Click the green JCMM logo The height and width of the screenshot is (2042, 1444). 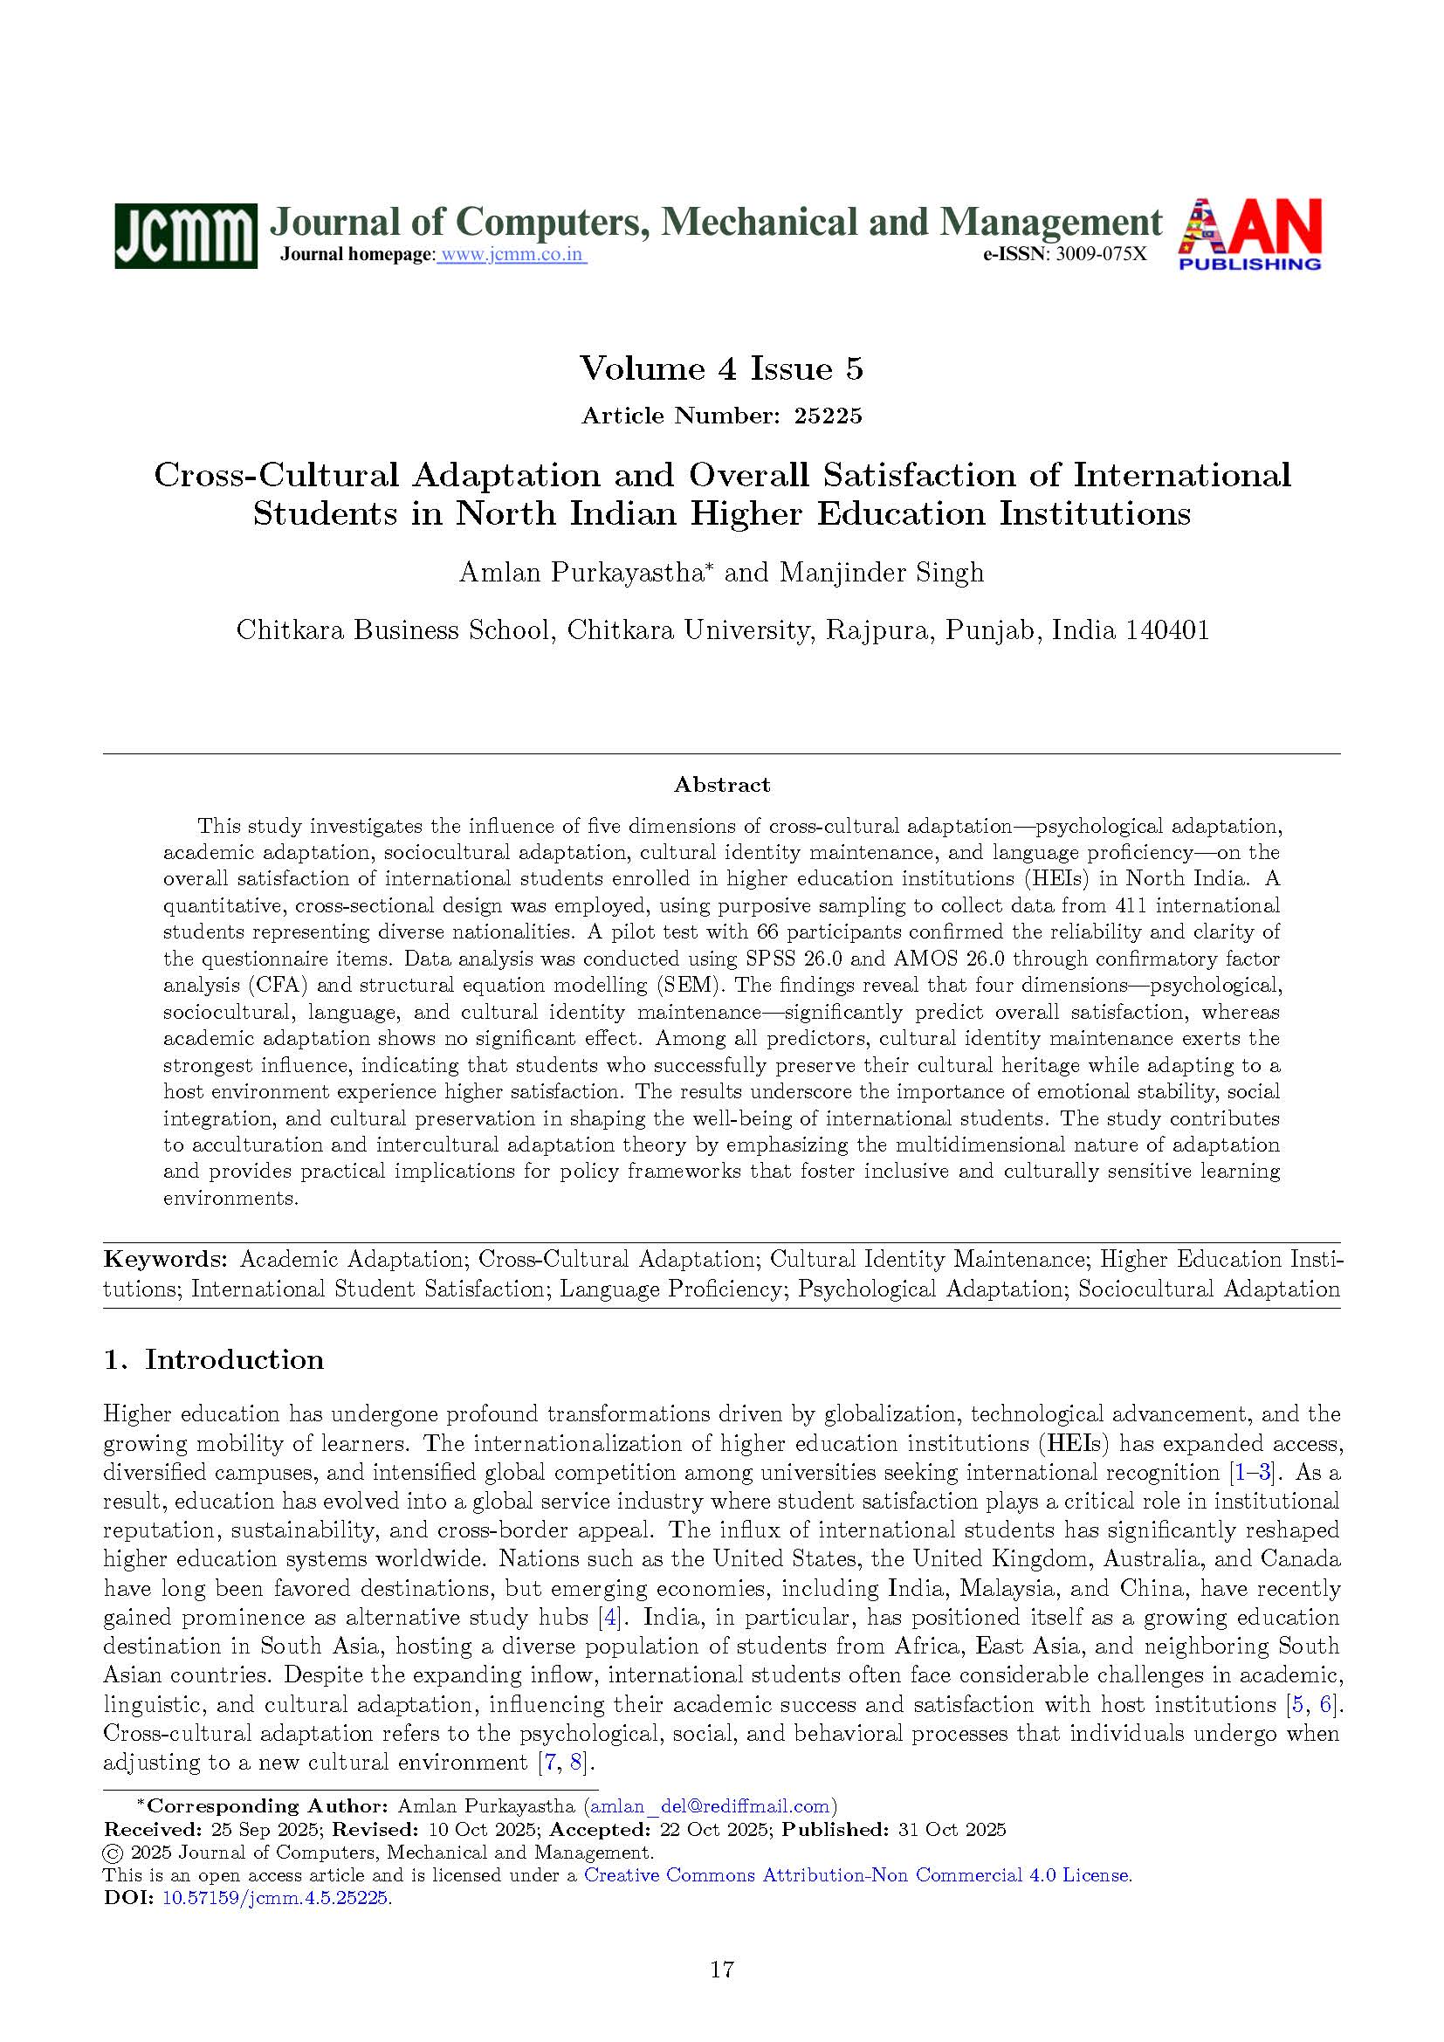[x=185, y=235]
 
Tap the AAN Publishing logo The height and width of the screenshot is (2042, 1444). [x=1249, y=234]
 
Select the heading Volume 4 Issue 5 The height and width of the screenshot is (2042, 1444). [x=721, y=368]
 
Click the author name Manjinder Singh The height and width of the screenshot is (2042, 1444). [x=881, y=572]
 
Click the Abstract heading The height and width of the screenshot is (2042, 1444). [x=721, y=785]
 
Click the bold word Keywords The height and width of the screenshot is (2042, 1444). [x=165, y=1260]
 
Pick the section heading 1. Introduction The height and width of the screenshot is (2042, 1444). [x=213, y=1360]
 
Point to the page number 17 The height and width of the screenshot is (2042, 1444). [x=722, y=1970]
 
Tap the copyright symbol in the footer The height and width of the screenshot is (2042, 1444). [x=113, y=1853]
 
